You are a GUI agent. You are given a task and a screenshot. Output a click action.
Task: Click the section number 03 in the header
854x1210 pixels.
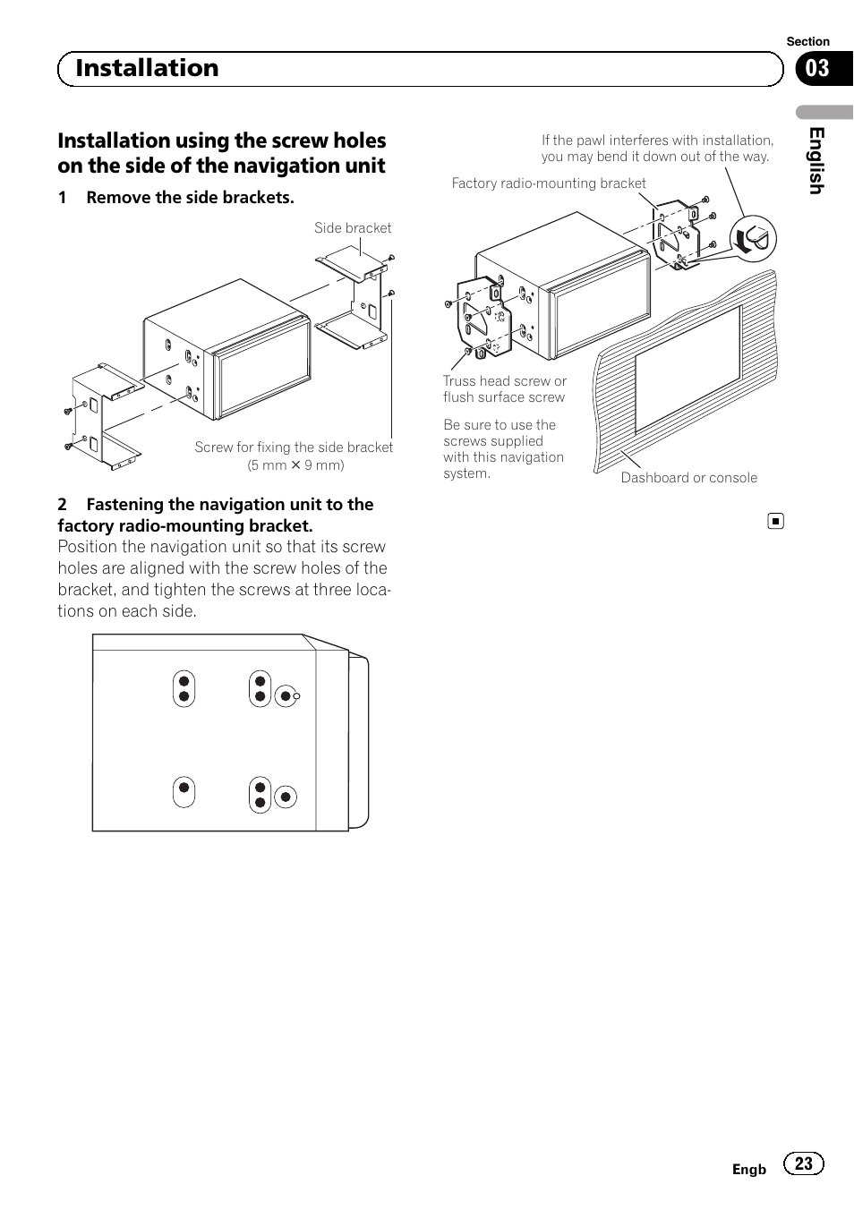[x=817, y=69]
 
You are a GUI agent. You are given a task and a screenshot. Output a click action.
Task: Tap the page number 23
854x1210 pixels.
[x=804, y=1163]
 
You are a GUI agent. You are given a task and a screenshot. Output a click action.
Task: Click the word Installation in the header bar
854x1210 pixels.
[x=147, y=68]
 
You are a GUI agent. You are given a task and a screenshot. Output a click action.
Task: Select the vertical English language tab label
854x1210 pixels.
[x=816, y=160]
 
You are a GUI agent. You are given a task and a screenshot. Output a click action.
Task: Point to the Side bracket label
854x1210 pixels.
[x=353, y=228]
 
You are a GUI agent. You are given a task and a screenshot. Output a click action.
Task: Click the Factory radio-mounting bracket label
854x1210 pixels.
[x=549, y=183]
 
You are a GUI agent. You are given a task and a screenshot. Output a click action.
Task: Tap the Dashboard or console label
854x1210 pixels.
[x=688, y=478]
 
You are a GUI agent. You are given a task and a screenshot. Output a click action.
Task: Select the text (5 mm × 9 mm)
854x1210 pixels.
[x=296, y=465]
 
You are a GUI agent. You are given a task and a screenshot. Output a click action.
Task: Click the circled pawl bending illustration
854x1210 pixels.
[x=753, y=239]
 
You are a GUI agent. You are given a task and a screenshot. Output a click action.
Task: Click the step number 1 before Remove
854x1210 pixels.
[x=63, y=198]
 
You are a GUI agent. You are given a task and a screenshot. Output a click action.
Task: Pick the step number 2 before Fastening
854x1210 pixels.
[x=63, y=505]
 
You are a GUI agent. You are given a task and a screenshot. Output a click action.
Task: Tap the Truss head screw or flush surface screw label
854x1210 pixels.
[x=505, y=389]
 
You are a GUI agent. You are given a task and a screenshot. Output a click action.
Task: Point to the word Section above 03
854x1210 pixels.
[x=807, y=42]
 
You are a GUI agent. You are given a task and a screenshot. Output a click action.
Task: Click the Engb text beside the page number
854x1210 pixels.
[x=749, y=1170]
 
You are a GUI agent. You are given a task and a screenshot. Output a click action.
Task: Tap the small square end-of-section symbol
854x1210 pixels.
[x=776, y=521]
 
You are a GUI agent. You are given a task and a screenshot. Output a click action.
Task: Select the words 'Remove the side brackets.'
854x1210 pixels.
[x=190, y=198]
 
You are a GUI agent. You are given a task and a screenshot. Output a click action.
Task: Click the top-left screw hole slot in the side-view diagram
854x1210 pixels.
[x=184, y=688]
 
